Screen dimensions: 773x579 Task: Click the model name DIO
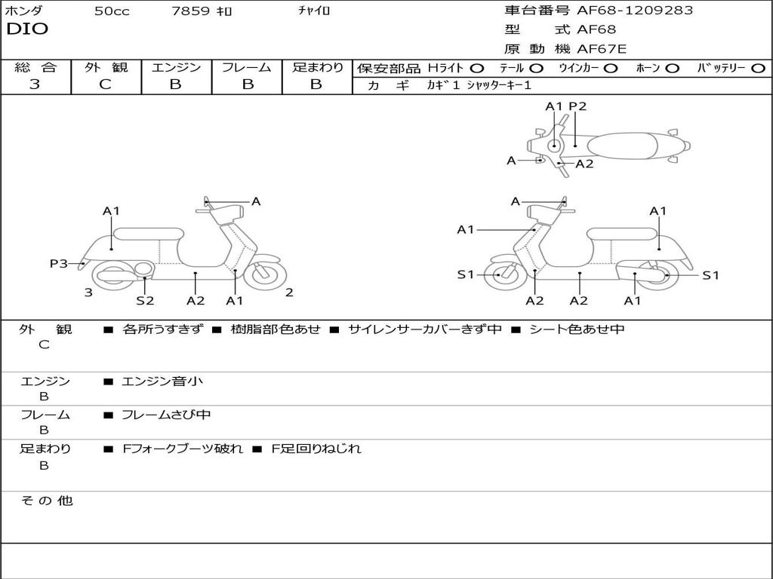coord(27,29)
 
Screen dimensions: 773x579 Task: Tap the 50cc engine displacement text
coord(112,11)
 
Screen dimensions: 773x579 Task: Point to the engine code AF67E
coord(602,50)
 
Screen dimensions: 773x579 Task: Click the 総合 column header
coord(35,67)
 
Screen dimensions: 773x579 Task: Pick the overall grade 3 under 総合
coord(35,84)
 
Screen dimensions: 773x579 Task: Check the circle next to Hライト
coord(476,68)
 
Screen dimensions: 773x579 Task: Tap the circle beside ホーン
coord(673,68)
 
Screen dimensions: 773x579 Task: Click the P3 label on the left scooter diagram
coord(59,263)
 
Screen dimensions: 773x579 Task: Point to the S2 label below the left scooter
coord(145,300)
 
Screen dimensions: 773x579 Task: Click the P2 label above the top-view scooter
coord(577,106)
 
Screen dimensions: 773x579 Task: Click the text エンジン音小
coord(162,381)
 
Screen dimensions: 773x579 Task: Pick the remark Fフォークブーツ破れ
coord(183,449)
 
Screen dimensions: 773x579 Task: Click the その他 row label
coord(46,501)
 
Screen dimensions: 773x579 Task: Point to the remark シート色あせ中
coord(577,329)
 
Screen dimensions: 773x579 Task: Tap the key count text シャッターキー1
coord(499,85)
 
